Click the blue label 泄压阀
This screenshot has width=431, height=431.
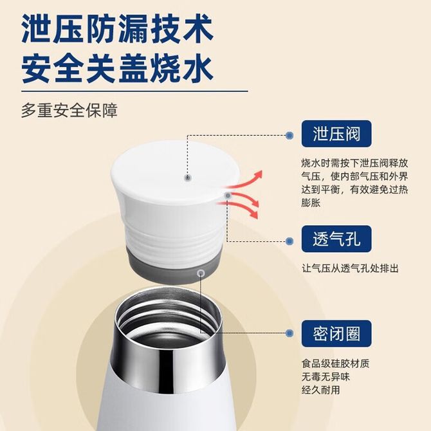click(336, 134)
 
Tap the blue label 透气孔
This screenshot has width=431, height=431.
click(336, 239)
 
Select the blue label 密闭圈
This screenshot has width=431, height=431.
click(336, 333)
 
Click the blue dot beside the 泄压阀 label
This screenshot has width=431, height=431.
click(289, 135)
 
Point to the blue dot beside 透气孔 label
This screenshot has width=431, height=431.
click(289, 241)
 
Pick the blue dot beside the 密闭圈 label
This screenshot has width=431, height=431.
click(289, 333)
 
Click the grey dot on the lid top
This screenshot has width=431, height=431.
click(187, 178)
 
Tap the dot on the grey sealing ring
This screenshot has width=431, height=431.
click(201, 273)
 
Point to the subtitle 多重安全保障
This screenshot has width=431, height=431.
click(69, 110)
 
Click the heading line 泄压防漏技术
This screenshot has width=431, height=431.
click(117, 29)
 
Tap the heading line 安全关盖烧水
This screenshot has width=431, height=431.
click(117, 68)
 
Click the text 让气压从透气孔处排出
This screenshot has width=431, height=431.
click(350, 268)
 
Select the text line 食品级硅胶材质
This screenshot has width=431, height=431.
click(335, 363)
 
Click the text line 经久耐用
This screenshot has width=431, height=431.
click(321, 390)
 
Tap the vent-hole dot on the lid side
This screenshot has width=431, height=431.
click(228, 196)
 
